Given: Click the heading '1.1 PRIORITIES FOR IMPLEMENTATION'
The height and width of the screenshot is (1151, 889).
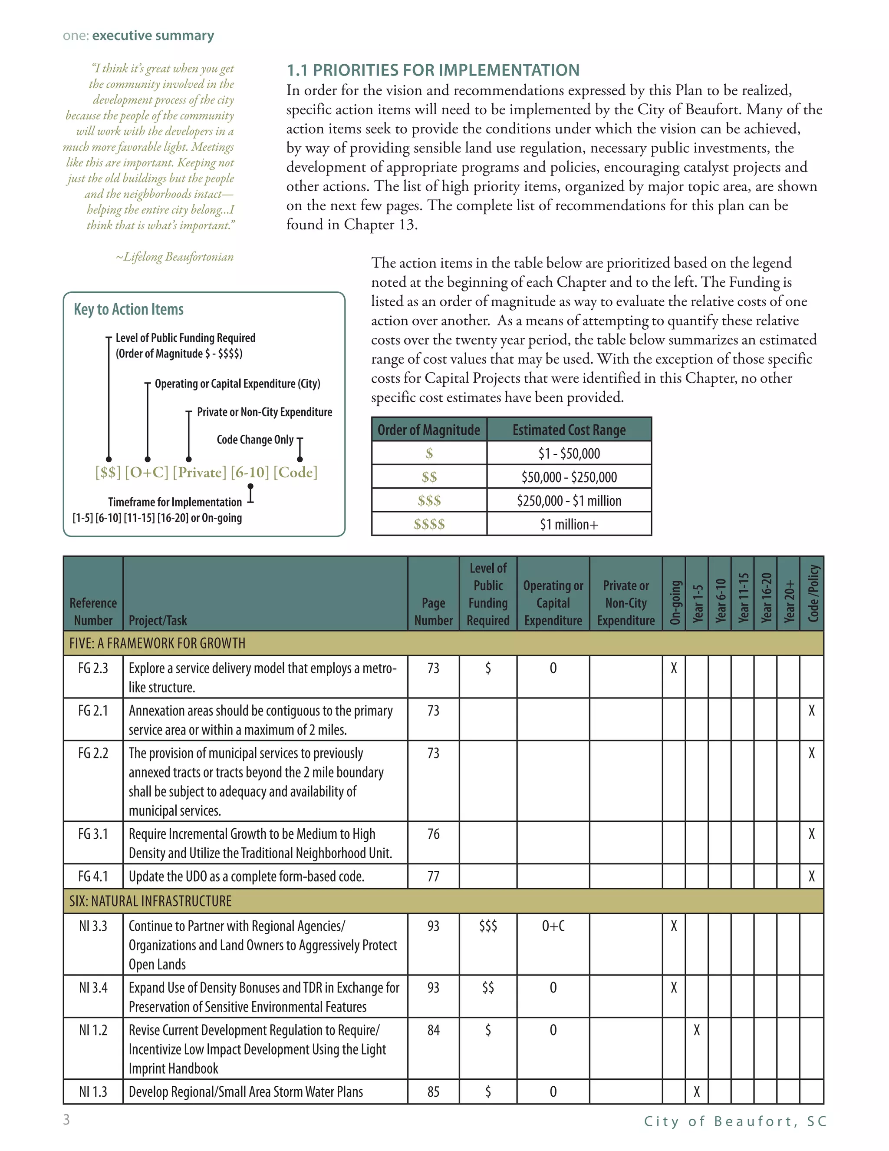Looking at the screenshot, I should point(432,70).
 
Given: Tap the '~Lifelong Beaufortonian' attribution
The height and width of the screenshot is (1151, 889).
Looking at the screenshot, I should point(175,257).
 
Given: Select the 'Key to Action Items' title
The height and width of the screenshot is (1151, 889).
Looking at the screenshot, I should point(128,309).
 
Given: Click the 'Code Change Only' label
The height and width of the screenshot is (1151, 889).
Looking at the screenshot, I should point(255,440).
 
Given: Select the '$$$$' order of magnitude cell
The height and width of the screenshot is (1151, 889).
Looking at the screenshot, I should point(429,524).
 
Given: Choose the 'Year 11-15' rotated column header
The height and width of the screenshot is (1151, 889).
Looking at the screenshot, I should point(743,598).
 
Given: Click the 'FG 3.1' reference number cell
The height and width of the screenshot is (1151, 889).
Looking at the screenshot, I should point(93,834).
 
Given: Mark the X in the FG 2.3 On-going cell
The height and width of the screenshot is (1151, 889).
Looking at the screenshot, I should point(674,669).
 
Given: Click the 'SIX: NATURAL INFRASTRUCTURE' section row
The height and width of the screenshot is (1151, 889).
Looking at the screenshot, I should point(151,901).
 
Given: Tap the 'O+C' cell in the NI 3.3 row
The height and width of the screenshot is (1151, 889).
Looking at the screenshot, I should point(553,926).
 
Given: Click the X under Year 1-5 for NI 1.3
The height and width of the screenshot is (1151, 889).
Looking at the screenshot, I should point(696,1091).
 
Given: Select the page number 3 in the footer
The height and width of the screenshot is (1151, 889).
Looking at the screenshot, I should point(66,1119).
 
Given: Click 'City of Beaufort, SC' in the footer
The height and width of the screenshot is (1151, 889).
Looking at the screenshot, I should point(735,1121).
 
